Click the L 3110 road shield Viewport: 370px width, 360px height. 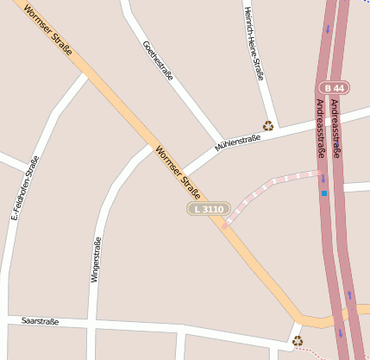coord(209,209)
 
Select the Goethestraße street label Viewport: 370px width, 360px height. coord(158,60)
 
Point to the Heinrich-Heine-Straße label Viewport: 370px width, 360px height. coord(254,43)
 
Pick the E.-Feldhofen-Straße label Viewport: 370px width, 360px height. coord(25,187)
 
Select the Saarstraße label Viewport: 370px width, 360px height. coord(41,321)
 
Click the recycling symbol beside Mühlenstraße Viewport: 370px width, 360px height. coord(268,125)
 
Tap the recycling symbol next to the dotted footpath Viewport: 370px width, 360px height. coord(298,341)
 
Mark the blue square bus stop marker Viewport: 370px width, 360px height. coord(324,193)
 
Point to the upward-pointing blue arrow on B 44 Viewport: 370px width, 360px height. coord(349,295)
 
